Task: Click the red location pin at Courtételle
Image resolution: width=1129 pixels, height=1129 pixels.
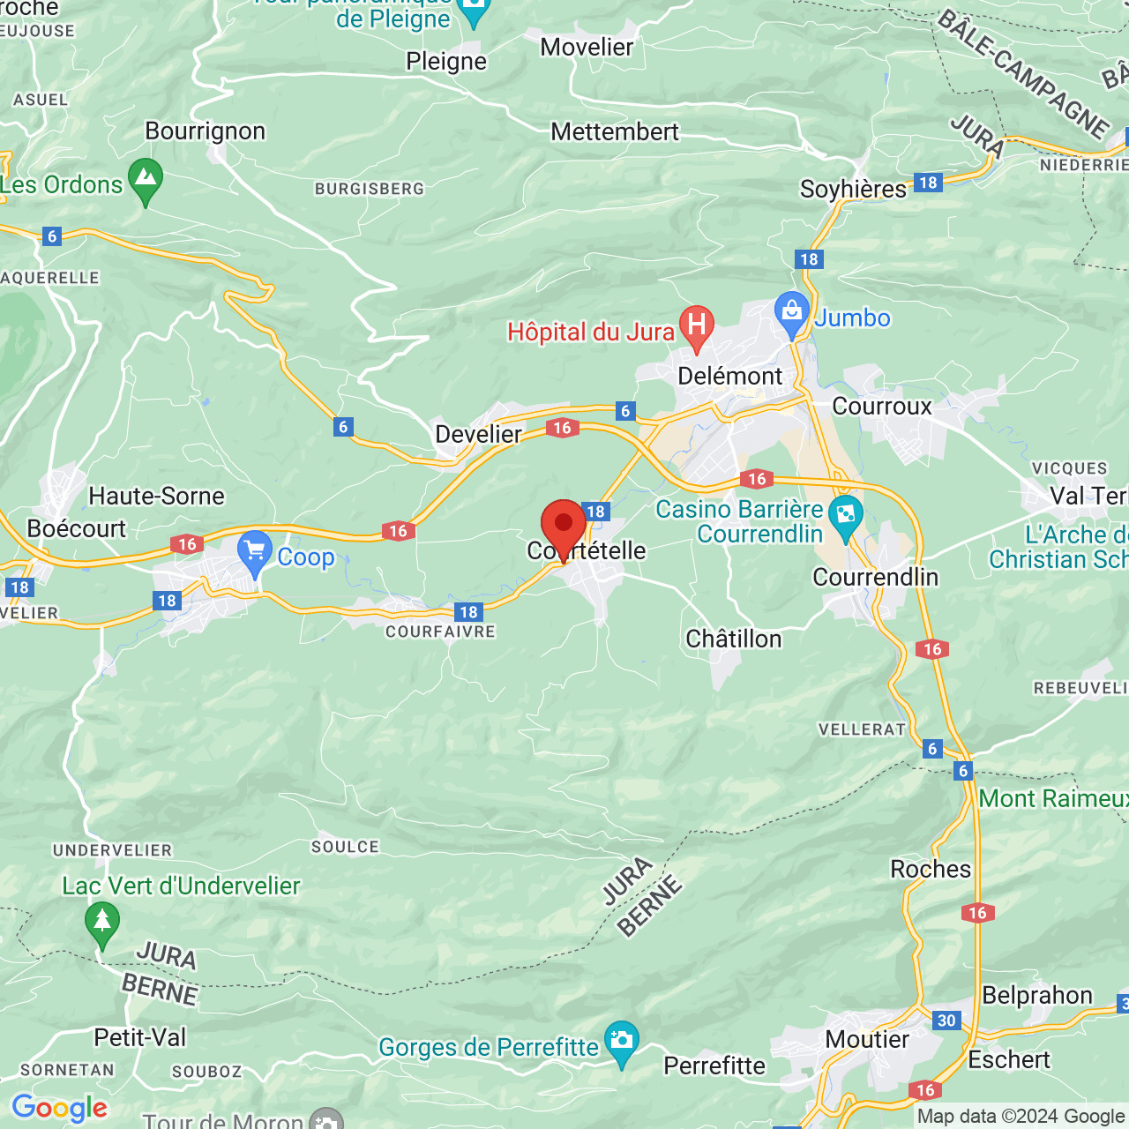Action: pyautogui.click(x=563, y=526)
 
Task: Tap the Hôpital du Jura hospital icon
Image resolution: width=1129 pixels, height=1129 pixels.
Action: pyautogui.click(x=696, y=325)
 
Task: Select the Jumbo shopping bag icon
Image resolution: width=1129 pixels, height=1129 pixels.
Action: pyautogui.click(x=791, y=311)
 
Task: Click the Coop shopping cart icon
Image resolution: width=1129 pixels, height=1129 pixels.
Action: pyautogui.click(x=255, y=551)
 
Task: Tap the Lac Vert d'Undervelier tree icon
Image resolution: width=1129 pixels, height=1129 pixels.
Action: pyautogui.click(x=102, y=921)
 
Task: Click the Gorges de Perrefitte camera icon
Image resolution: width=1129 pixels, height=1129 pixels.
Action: pyautogui.click(x=622, y=1041)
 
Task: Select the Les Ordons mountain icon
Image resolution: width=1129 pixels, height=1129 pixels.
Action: pyautogui.click(x=146, y=178)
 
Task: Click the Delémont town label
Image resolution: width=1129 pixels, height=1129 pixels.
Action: pyautogui.click(x=730, y=376)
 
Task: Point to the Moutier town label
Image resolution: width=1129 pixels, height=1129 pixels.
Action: pyautogui.click(x=867, y=1039)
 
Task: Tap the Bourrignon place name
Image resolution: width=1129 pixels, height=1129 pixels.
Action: pyautogui.click(x=206, y=131)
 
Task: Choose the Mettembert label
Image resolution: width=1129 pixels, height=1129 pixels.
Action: pyautogui.click(x=615, y=131)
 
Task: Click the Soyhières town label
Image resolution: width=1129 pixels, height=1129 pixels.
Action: pyautogui.click(x=853, y=189)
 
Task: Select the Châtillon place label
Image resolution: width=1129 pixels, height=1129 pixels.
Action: pyautogui.click(x=734, y=639)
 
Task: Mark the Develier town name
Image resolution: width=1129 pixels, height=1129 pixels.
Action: pyautogui.click(x=479, y=434)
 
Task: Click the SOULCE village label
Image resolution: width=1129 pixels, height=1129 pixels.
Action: pyautogui.click(x=345, y=847)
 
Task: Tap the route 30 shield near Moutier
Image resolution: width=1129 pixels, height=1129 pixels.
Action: pyautogui.click(x=946, y=1021)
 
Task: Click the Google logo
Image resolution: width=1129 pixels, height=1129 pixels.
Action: pyautogui.click(x=60, y=1108)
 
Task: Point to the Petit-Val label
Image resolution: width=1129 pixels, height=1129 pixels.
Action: pyautogui.click(x=140, y=1037)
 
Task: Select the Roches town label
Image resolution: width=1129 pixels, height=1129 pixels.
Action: pyautogui.click(x=931, y=869)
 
